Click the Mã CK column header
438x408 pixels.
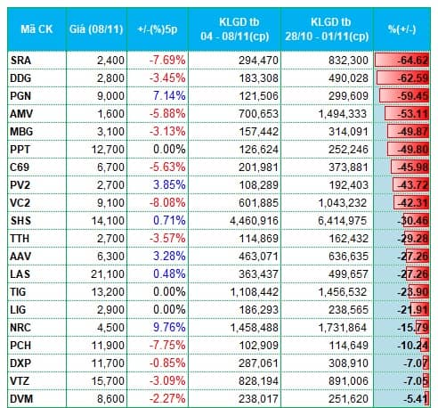pyautogui.click(x=36, y=29)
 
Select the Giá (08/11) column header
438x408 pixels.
pyautogui.click(x=96, y=29)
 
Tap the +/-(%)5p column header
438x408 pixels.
pyautogui.click(x=158, y=29)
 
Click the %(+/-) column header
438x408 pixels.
pyautogui.click(x=401, y=29)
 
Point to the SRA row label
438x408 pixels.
pyautogui.click(x=20, y=61)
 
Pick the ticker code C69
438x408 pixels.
pyautogui.click(x=20, y=167)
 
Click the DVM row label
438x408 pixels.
pyautogui.click(x=21, y=399)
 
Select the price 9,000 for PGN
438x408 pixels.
pyautogui.click(x=110, y=96)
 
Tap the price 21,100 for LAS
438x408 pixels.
pyautogui.click(x=108, y=274)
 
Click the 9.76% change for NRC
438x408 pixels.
pyautogui.click(x=169, y=328)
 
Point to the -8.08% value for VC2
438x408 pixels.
pyautogui.click(x=167, y=203)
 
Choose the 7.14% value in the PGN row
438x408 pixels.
pyautogui.click(x=169, y=96)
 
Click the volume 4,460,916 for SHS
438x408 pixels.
pyautogui.click(x=254, y=221)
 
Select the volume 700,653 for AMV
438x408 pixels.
pyautogui.click(x=258, y=114)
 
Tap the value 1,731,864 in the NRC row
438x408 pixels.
pyautogui.click(x=343, y=328)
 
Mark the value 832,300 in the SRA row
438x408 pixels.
pyautogui.click(x=348, y=61)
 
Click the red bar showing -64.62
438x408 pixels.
pyautogui.click(x=401, y=61)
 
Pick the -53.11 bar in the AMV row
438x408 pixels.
pyautogui.click(x=407, y=114)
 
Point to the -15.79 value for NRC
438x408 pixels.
pyautogui.click(x=413, y=328)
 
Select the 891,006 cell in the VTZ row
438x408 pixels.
pyautogui.click(x=348, y=381)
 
